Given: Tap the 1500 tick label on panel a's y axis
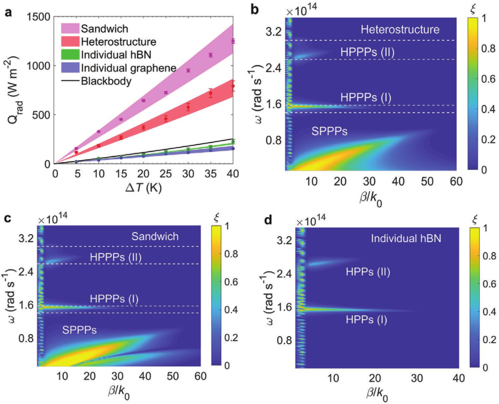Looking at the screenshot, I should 39,16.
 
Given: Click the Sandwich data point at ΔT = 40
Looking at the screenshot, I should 233,41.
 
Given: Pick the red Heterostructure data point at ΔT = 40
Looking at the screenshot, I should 233,86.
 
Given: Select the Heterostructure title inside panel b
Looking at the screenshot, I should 400,30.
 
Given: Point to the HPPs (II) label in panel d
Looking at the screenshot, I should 368,273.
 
